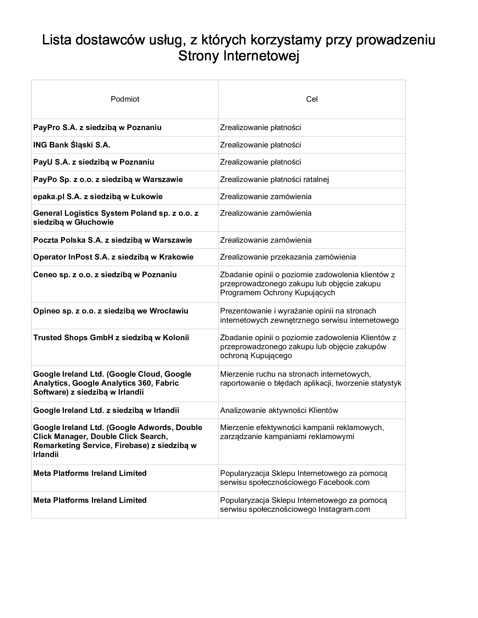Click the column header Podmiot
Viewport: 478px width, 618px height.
[125, 99]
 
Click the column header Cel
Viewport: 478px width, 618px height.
[312, 99]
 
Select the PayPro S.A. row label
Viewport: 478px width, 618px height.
[97, 127]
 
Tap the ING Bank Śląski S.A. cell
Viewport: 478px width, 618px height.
[72, 145]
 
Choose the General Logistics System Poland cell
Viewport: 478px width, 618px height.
[116, 218]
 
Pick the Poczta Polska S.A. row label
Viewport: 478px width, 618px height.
[112, 240]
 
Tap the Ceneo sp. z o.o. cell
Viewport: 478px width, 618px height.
[105, 274]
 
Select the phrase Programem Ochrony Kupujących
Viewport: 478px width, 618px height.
[278, 293]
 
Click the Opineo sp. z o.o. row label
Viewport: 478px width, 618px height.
[111, 311]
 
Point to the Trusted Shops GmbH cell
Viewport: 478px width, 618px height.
[111, 338]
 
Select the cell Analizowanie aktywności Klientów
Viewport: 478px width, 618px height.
[279, 410]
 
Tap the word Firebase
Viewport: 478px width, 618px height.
[132, 446]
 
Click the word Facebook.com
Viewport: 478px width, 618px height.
[344, 482]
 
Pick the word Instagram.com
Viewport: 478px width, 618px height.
[344, 509]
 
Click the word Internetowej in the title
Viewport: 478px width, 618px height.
[261, 56]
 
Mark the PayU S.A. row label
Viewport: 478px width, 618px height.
[93, 162]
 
